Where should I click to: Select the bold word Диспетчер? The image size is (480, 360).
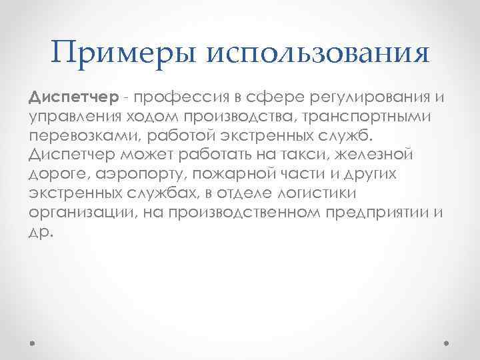point(73,99)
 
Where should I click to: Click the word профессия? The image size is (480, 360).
point(177,99)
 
